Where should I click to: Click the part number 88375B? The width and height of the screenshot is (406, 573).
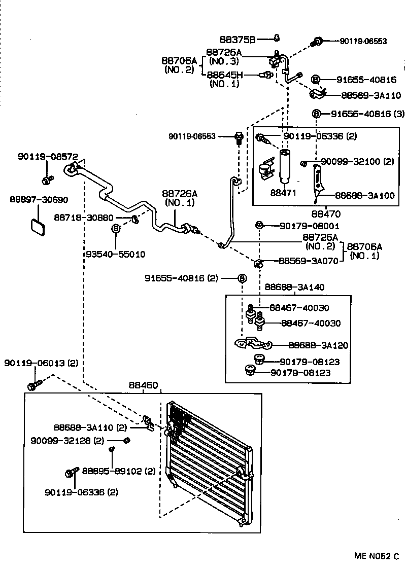tap(238, 39)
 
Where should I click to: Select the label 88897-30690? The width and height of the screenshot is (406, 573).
tap(39, 200)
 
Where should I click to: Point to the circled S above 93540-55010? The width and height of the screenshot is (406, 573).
tap(116, 229)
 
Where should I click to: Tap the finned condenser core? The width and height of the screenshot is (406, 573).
tap(208, 461)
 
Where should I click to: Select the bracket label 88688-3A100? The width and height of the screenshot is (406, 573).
tap(364, 196)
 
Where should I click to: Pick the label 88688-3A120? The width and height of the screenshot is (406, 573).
tap(318, 345)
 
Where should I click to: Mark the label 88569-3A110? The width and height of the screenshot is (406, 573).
tap(371, 95)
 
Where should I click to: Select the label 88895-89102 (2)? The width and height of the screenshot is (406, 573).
tap(119, 471)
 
